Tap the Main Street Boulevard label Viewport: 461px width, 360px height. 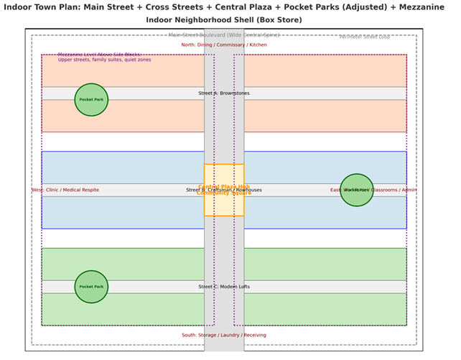pyautogui.click(x=223, y=34)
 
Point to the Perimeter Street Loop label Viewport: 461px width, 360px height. pyautogui.click(x=365, y=37)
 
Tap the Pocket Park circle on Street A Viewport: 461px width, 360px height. pyautogui.click(x=91, y=99)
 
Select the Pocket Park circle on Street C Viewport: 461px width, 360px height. pyautogui.click(x=91, y=287)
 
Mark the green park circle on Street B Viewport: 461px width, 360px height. pyautogui.click(x=357, y=190)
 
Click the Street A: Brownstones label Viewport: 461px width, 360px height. pyautogui.click(x=223, y=93)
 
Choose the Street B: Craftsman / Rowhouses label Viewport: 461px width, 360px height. pyautogui.click(x=223, y=190)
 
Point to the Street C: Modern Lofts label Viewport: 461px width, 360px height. pyautogui.click(x=223, y=287)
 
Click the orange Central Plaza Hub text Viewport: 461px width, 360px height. pyautogui.click(x=223, y=186)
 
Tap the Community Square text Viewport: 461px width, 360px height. pyautogui.click(x=223, y=193)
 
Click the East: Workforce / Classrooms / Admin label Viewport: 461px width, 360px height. pyautogui.click(x=373, y=190)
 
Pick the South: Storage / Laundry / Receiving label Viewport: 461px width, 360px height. pyautogui.click(x=223, y=335)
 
